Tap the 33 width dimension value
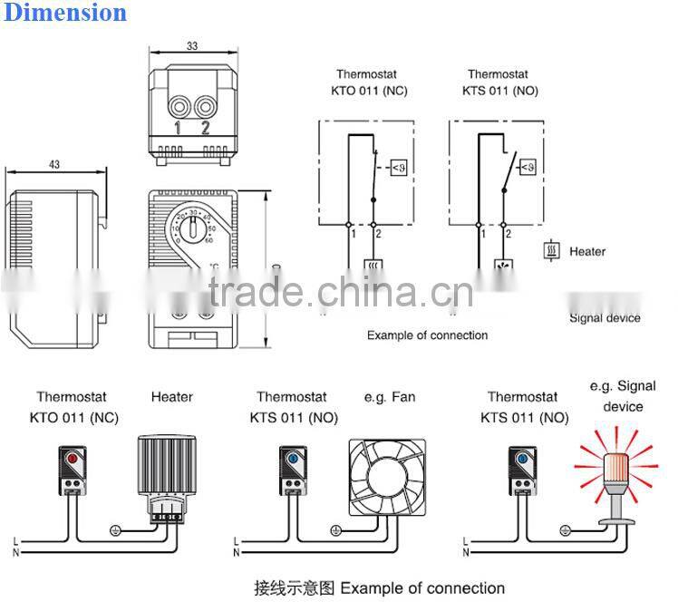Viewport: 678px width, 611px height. pyautogui.click(x=191, y=44)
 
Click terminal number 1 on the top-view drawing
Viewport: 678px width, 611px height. pyautogui.click(x=178, y=128)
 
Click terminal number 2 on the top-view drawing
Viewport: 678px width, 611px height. pyautogui.click(x=205, y=128)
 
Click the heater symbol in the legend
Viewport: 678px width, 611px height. pyautogui.click(x=551, y=251)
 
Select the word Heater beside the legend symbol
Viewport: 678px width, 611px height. pyautogui.click(x=587, y=251)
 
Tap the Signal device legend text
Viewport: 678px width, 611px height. pyautogui.click(x=605, y=317)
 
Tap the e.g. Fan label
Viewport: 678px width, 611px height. pyautogui.click(x=384, y=396)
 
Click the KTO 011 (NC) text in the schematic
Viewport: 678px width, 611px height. pyautogui.click(x=366, y=92)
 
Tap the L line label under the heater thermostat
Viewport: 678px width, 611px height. pyautogui.click(x=15, y=540)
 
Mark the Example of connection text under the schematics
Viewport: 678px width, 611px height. pyautogui.click(x=427, y=335)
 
